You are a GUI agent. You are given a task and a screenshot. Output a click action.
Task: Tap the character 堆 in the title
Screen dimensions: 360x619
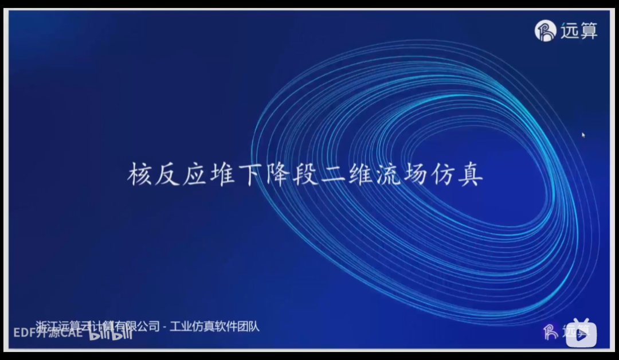point(220,174)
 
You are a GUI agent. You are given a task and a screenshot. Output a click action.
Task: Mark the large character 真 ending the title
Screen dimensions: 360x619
point(470,174)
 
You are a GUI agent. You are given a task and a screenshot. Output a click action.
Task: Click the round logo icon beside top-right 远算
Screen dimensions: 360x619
point(545,30)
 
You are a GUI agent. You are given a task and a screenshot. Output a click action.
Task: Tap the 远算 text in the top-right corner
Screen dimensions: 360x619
point(579,31)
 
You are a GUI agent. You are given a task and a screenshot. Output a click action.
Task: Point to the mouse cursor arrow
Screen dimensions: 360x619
point(583,135)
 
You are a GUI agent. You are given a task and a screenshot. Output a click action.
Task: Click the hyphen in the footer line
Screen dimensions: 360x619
point(164,327)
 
